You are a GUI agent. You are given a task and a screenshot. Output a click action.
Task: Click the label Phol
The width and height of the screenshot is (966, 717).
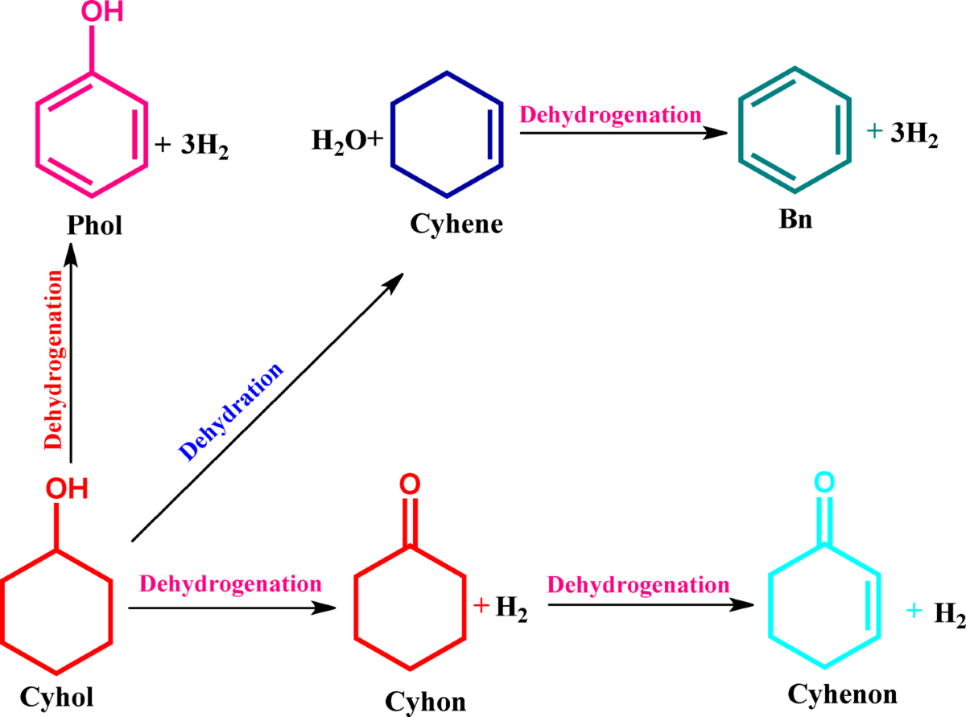coord(94,225)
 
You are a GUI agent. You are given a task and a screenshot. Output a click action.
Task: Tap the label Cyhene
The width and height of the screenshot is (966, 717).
coord(456,223)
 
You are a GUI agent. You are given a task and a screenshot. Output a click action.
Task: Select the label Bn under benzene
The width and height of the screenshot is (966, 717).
coord(795,220)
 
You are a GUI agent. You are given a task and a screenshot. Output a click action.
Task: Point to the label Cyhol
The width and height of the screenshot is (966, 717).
coord(56,697)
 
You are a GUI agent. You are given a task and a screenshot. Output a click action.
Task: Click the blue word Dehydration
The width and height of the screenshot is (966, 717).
coord(232,411)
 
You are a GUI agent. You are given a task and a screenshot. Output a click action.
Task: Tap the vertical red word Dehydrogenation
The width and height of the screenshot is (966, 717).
coord(53,360)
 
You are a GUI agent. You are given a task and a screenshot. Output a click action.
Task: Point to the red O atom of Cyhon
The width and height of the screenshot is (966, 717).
coord(409,484)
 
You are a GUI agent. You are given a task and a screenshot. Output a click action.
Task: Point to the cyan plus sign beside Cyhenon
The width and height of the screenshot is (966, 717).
coord(913,612)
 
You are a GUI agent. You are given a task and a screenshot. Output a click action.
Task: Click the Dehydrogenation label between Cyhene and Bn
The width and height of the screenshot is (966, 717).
coord(609,113)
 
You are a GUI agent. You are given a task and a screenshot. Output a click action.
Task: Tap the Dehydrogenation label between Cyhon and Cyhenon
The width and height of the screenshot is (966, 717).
coord(638,584)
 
